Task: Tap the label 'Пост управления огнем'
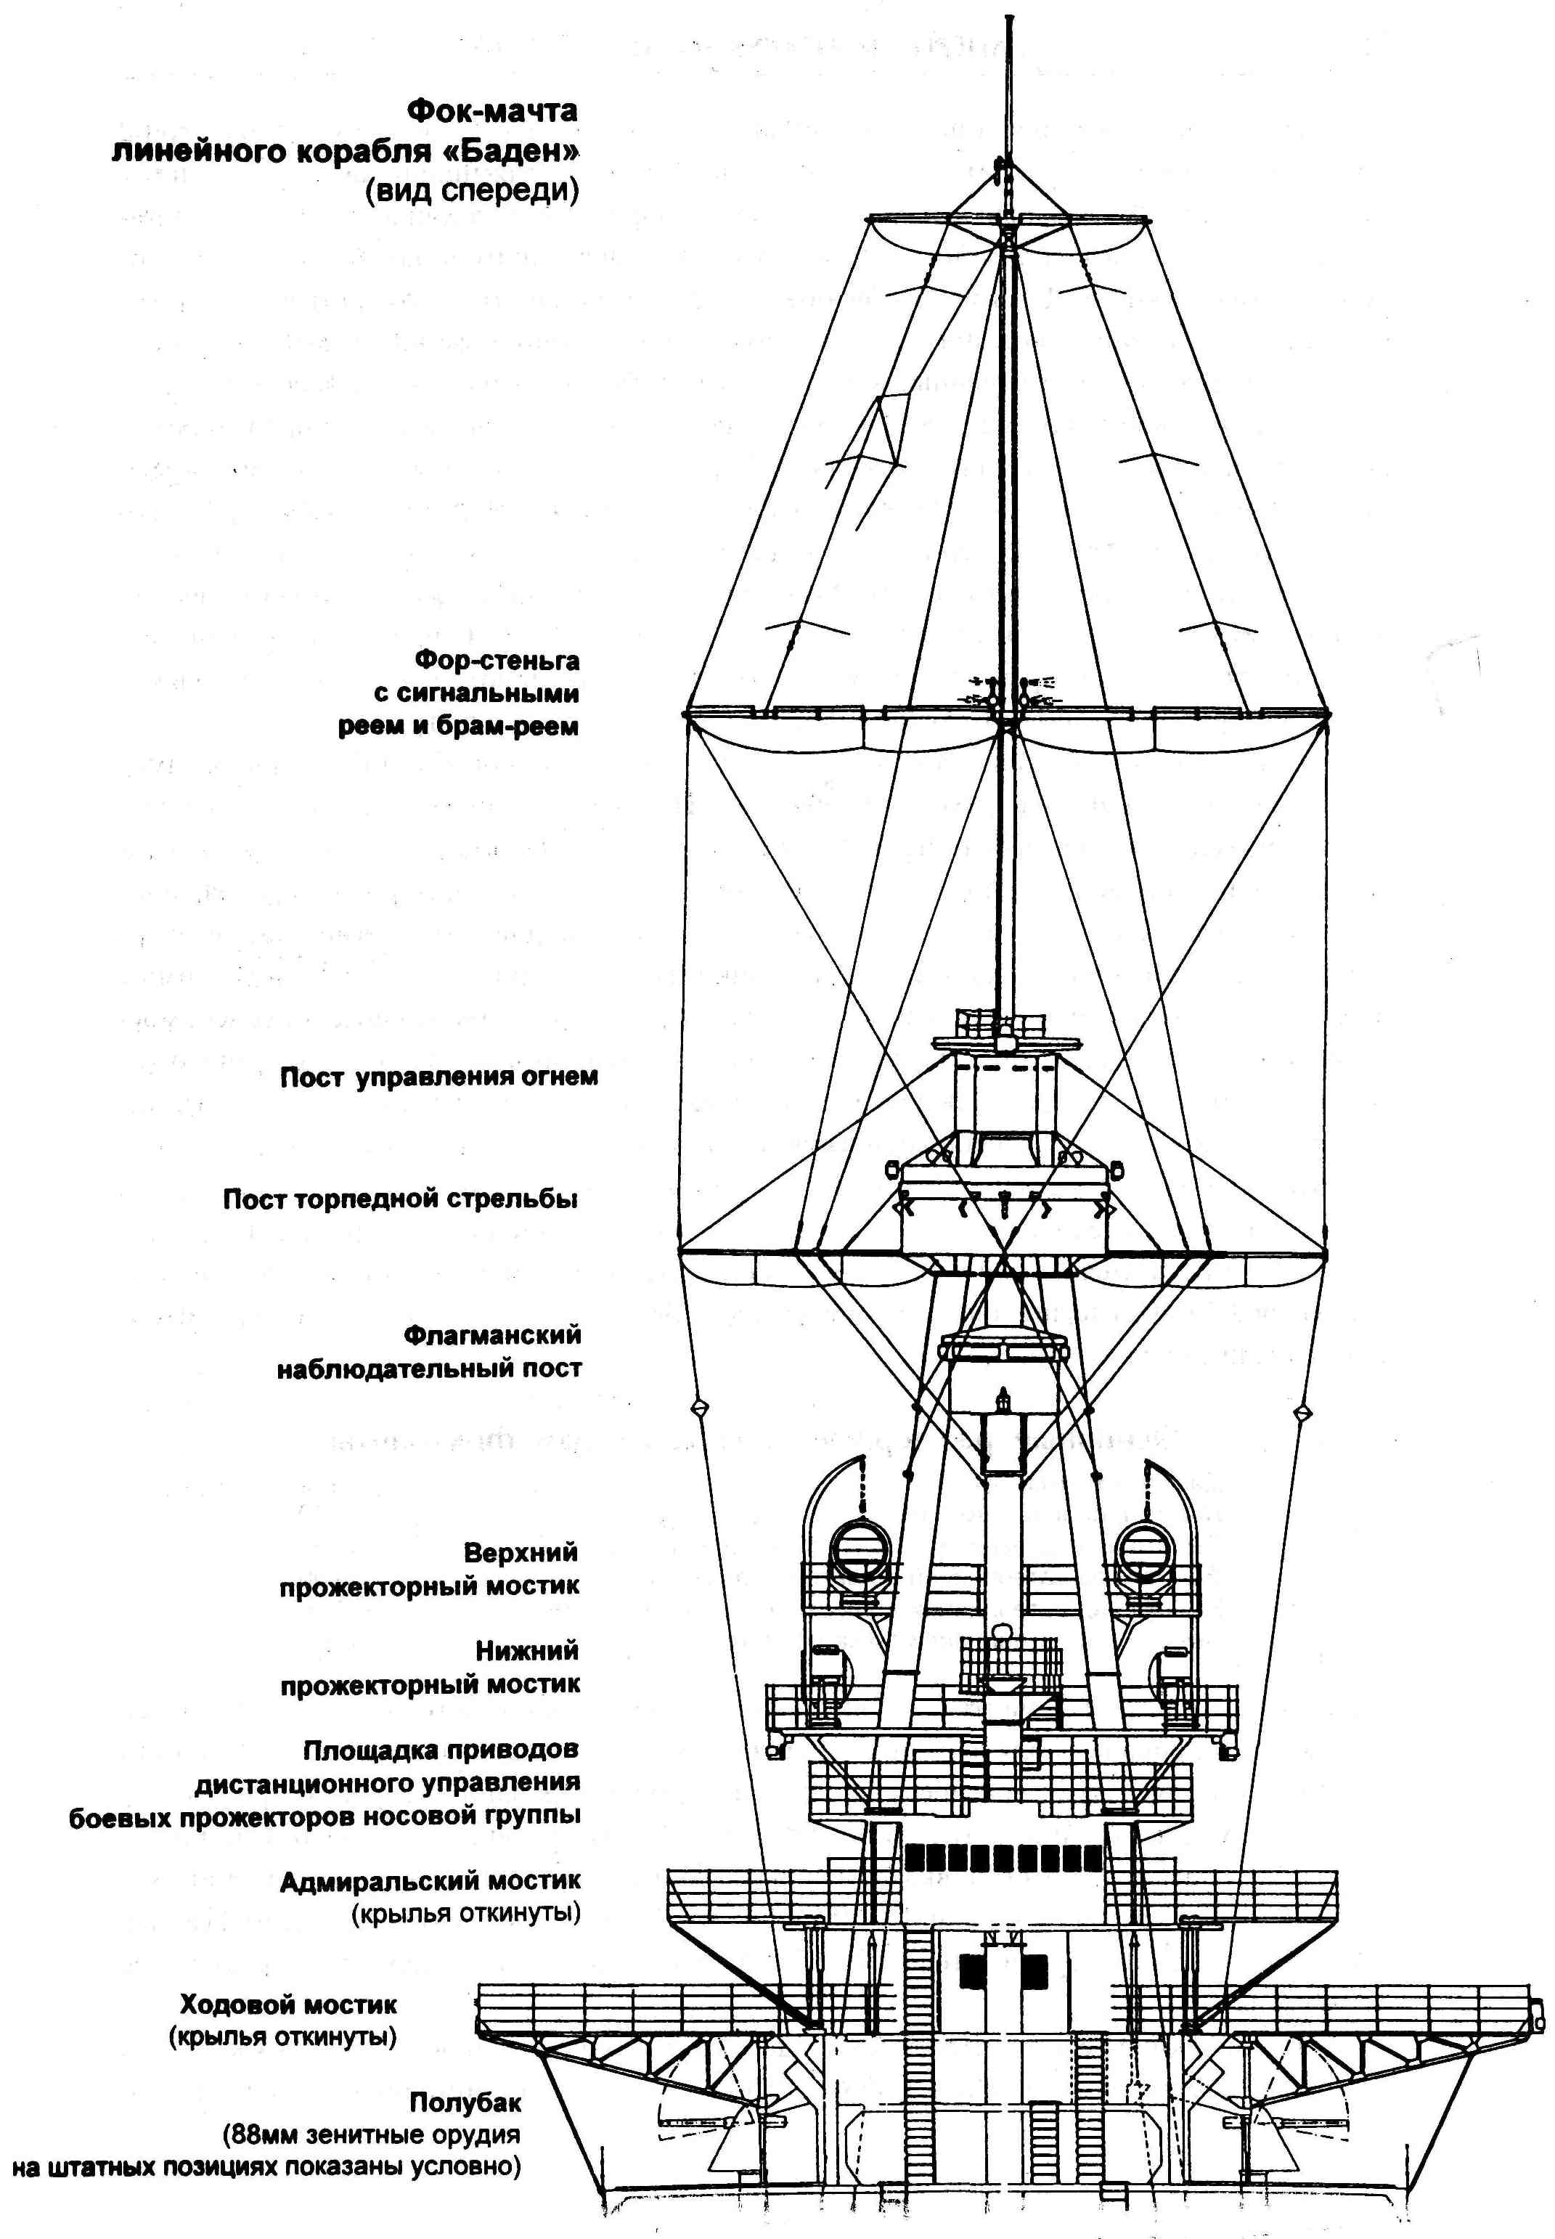[438, 1077]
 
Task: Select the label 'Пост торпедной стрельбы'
[401, 1199]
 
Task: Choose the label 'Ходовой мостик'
[288, 2005]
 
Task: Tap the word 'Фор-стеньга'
[497, 661]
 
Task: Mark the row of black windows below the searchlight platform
[1003, 1857]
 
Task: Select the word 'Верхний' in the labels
[521, 1552]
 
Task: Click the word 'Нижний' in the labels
[527, 1650]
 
